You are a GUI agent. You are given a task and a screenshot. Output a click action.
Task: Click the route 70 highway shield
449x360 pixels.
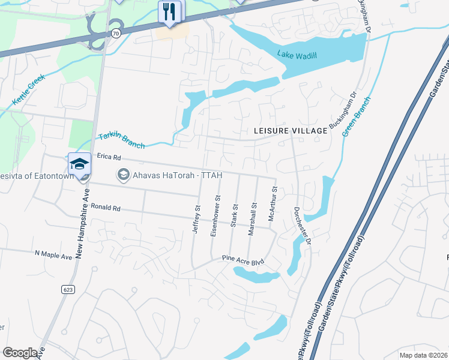pos(115,34)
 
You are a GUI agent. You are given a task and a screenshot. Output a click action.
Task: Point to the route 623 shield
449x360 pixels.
pos(68,289)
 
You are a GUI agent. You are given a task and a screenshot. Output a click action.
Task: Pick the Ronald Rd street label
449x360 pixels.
pos(106,208)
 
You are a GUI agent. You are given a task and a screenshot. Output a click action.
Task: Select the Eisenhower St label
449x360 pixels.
pos(215,215)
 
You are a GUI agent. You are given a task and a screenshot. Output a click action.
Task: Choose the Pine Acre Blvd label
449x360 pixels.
pos(243,260)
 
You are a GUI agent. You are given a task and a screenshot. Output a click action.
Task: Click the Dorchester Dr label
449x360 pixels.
pos(303,225)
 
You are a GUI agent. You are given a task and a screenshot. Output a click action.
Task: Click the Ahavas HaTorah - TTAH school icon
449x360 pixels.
pos(123,175)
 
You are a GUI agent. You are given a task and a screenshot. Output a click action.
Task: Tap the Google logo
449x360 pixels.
pos(20,353)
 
